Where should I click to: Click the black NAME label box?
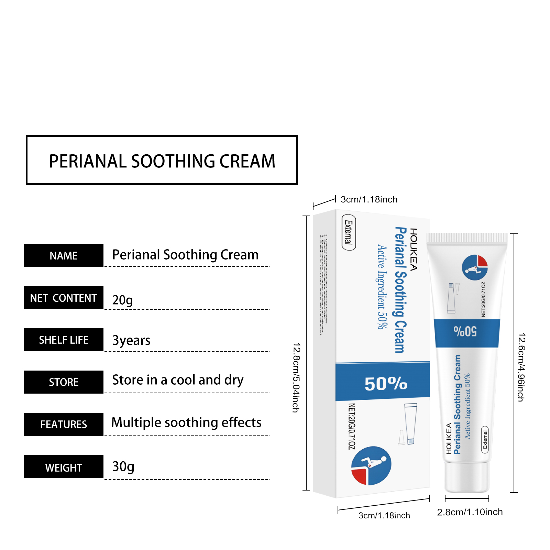coord(64,255)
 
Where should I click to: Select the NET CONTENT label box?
coord(64,298)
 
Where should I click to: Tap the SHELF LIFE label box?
coord(64,340)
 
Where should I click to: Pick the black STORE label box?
coord(64,382)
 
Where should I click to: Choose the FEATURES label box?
coord(64,425)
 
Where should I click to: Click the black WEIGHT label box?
coord(64,467)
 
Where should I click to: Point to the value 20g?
coord(122,300)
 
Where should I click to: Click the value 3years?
coord(131,340)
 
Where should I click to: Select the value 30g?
coord(123,466)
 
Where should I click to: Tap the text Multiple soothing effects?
coord(186,422)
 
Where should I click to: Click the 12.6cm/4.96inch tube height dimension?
coord(521,367)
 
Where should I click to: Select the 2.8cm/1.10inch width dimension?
coord(470,512)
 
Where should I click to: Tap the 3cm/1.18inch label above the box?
coord(369,199)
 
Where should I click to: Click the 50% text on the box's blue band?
coord(386,384)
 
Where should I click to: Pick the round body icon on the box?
coord(371,466)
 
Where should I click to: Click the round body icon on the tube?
coord(475,267)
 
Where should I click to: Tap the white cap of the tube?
coord(467,478)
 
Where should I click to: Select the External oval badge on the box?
coord(349,232)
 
